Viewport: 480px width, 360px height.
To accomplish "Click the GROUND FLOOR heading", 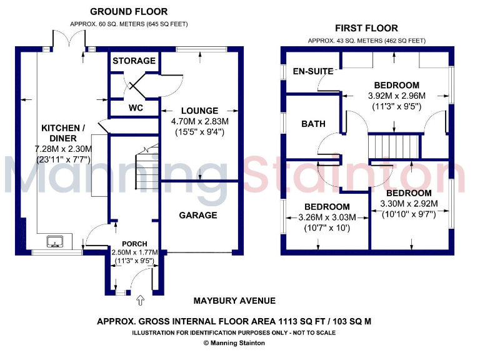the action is (x=129, y=12).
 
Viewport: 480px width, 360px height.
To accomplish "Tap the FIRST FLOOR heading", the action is (x=366, y=28).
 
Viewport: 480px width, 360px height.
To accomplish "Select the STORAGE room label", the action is (x=134, y=61).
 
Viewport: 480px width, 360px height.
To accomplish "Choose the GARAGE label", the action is (x=198, y=215).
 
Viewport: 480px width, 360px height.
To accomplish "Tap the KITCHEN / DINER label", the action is (x=59, y=132).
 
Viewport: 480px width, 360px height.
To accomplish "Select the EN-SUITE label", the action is (x=313, y=71).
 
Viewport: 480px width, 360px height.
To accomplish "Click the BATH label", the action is (x=313, y=124).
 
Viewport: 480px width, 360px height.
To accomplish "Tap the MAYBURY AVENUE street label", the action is (x=234, y=301).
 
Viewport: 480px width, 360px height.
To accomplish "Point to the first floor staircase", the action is (x=393, y=147).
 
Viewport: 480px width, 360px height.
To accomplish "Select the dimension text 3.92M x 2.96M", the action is (x=396, y=96).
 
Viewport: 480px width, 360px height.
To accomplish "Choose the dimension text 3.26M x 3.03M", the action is (x=327, y=217).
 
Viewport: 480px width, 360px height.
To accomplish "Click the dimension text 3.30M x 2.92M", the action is (x=409, y=204).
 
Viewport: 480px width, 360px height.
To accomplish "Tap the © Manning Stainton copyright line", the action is (x=234, y=342).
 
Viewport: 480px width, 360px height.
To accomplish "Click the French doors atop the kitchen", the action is (x=68, y=39).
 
